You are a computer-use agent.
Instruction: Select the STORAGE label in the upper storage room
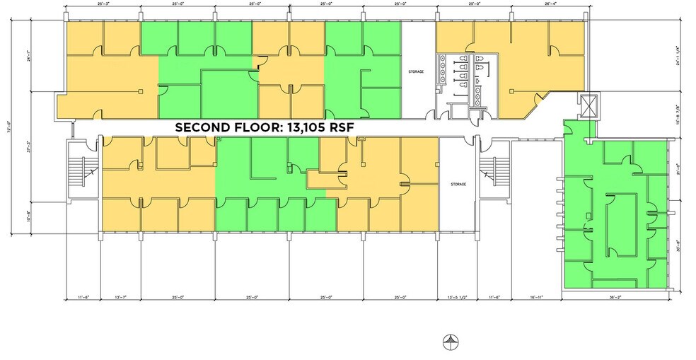coord(416,72)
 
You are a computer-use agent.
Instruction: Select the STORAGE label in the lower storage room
coord(458,184)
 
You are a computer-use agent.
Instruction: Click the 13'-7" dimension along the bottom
coord(121,298)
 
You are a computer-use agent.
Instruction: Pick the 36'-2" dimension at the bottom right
coord(615,298)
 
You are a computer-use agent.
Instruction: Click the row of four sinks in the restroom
coord(444,69)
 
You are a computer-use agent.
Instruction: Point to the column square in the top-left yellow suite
coord(141,91)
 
